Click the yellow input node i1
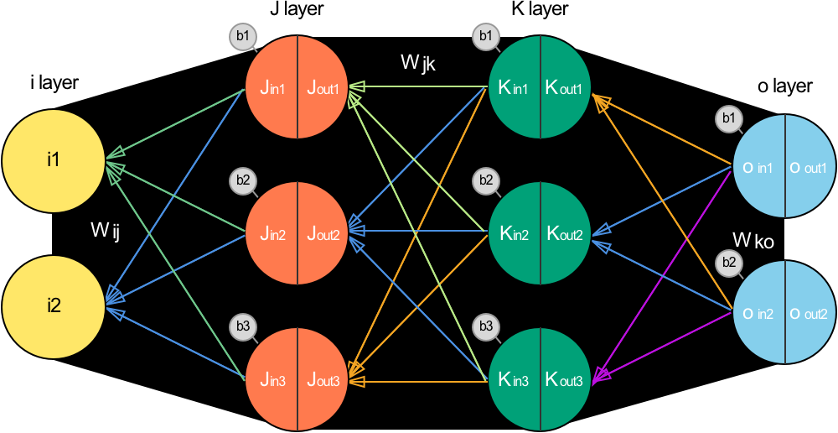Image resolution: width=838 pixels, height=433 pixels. tap(54, 159)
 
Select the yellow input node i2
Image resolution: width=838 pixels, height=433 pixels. tap(54, 305)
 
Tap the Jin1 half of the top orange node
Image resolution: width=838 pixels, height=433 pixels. tap(271, 87)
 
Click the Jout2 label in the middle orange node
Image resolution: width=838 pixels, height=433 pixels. tap(323, 234)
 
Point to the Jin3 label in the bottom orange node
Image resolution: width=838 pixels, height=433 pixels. tap(271, 381)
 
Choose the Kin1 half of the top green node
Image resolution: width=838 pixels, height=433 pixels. tap(514, 87)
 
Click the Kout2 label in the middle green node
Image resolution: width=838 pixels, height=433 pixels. tap(566, 234)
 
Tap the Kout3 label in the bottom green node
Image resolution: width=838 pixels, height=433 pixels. tap(566, 381)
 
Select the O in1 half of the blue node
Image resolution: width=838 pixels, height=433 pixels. tap(758, 169)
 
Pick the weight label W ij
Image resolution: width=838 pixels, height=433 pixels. tap(106, 231)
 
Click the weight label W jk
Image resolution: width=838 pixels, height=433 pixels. tap(418, 63)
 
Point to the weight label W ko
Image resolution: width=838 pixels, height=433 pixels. tap(753, 242)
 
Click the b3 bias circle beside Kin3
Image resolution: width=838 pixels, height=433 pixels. tap(484, 326)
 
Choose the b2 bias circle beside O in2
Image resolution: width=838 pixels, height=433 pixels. tap(728, 263)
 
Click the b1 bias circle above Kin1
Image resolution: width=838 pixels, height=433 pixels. tap(484, 37)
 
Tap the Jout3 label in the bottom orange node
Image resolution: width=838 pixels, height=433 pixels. tap(323, 381)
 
